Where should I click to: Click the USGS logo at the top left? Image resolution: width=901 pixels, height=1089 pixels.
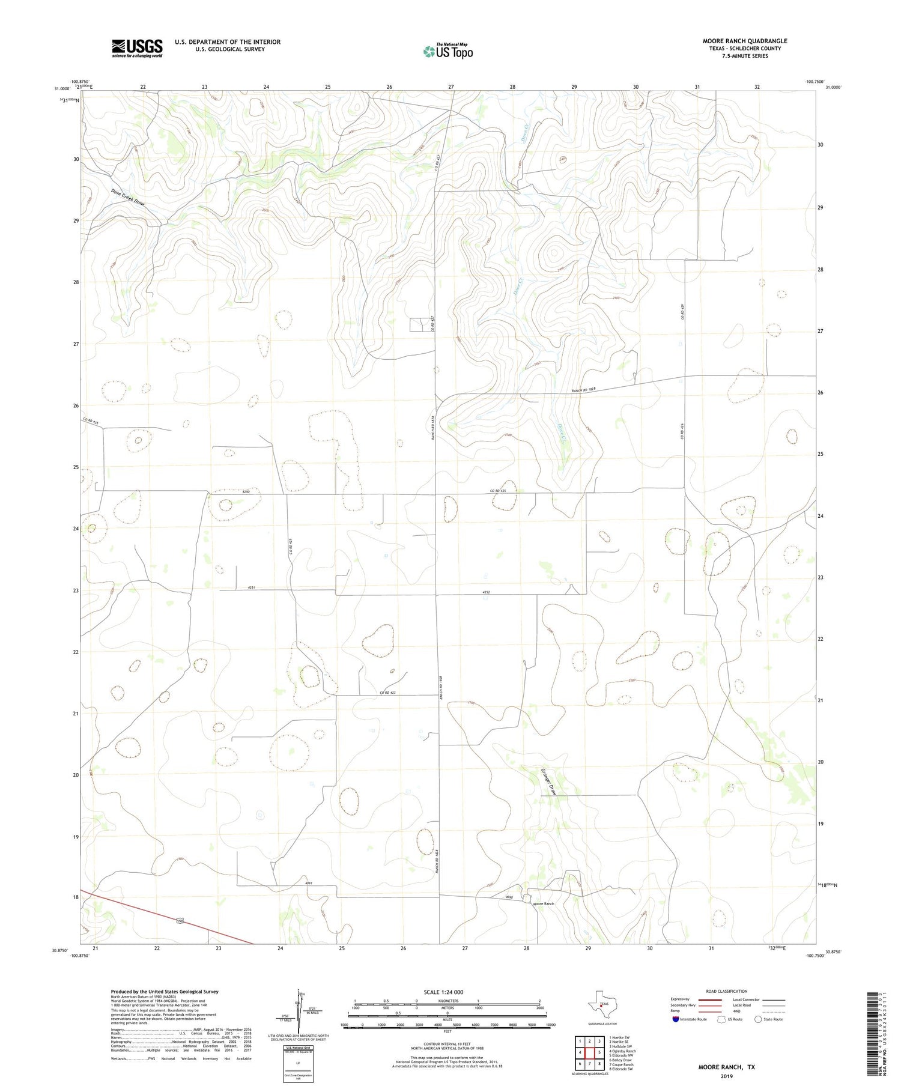[137, 48]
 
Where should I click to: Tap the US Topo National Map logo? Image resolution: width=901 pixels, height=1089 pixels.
[447, 52]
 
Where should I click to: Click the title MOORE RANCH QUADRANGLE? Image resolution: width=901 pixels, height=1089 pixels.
[744, 41]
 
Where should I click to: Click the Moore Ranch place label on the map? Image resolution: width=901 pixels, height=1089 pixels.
[544, 903]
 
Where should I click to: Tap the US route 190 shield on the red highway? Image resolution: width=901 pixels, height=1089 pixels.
[180, 921]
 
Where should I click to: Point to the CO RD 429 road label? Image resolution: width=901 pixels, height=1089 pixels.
[683, 311]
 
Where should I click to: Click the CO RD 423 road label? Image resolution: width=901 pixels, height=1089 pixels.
[387, 693]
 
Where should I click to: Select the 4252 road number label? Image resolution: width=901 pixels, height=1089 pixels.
[487, 592]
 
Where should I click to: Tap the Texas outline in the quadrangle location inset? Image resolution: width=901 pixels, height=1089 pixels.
[601, 1004]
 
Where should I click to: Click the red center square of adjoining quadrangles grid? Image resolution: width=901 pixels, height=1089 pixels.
[590, 1052]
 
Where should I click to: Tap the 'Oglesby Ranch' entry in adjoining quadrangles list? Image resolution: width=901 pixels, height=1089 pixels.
[623, 1051]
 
